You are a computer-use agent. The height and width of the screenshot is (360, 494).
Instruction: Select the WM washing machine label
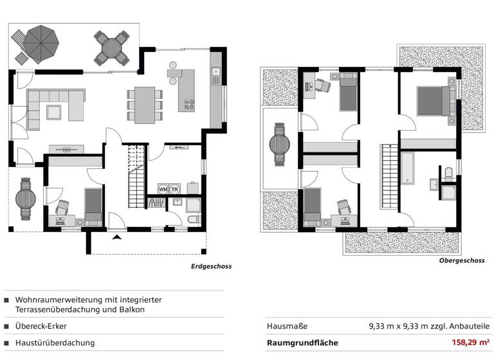(163, 190)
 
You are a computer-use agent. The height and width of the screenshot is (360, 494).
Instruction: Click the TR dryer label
(174, 190)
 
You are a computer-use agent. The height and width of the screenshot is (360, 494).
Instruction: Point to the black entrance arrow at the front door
(116, 238)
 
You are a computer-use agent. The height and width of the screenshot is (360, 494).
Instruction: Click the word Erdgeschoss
(211, 266)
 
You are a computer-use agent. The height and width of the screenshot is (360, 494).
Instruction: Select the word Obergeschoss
(461, 261)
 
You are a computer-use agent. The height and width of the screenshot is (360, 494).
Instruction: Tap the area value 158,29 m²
(470, 343)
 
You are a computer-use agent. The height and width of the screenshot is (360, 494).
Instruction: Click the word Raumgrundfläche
(302, 343)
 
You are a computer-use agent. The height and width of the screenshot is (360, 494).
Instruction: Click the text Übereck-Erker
(41, 326)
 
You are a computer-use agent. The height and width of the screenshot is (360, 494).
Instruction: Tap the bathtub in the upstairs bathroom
(410, 169)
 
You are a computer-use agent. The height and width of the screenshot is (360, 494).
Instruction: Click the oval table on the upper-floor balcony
(280, 145)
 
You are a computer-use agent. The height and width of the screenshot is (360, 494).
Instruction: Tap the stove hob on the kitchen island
(189, 103)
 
